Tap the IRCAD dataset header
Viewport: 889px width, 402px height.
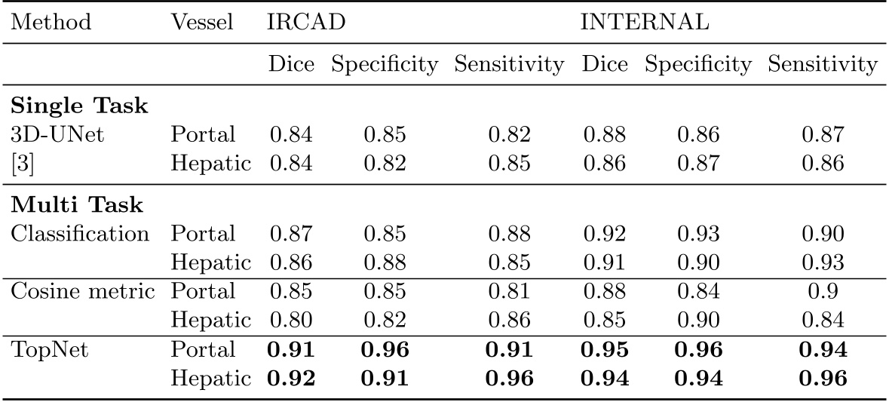coord(306,21)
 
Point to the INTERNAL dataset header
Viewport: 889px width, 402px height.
coord(644,21)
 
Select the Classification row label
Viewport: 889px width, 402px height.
coord(80,234)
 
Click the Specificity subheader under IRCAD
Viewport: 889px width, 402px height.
coord(385,65)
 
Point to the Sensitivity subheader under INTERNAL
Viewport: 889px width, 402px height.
coord(823,65)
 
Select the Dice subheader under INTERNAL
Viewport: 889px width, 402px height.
coord(605,65)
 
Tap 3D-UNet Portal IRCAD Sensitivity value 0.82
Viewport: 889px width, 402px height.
coord(508,135)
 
